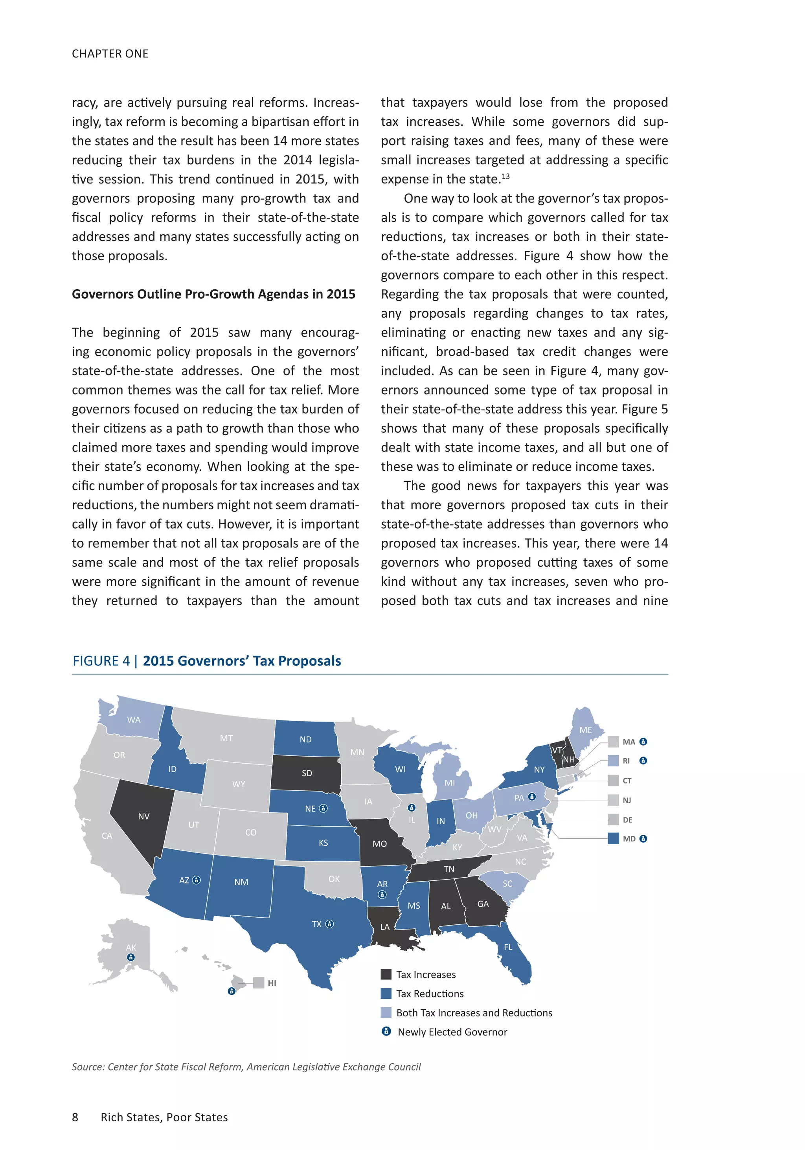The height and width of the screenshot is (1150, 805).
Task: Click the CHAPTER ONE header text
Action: (110, 53)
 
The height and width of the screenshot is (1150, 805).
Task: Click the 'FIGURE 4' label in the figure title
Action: (101, 661)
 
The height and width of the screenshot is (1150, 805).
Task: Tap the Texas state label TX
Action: (316, 924)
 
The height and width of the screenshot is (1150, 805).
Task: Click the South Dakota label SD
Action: (307, 773)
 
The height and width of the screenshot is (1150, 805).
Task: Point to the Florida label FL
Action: (508, 947)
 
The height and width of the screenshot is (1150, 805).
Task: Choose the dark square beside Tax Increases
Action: (386, 974)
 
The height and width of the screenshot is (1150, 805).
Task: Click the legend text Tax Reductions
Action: (430, 994)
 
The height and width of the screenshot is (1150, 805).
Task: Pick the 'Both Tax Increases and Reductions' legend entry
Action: (474, 1013)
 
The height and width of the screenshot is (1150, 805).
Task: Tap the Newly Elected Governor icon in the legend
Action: (386, 1031)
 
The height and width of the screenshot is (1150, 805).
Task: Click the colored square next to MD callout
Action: (613, 838)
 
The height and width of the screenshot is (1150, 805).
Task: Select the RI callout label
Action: (626, 761)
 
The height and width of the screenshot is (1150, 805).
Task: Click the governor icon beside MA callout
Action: (643, 742)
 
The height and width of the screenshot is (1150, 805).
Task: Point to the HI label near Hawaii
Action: (272, 983)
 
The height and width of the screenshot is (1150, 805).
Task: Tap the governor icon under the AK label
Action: (131, 957)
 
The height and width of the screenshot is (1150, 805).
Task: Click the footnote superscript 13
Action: (505, 176)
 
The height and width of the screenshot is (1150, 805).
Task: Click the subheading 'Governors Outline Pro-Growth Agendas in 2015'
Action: (213, 294)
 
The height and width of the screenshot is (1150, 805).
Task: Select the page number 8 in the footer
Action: (75, 1117)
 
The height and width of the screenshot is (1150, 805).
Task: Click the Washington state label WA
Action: (134, 720)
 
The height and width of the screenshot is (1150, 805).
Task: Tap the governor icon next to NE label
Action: (323, 808)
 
